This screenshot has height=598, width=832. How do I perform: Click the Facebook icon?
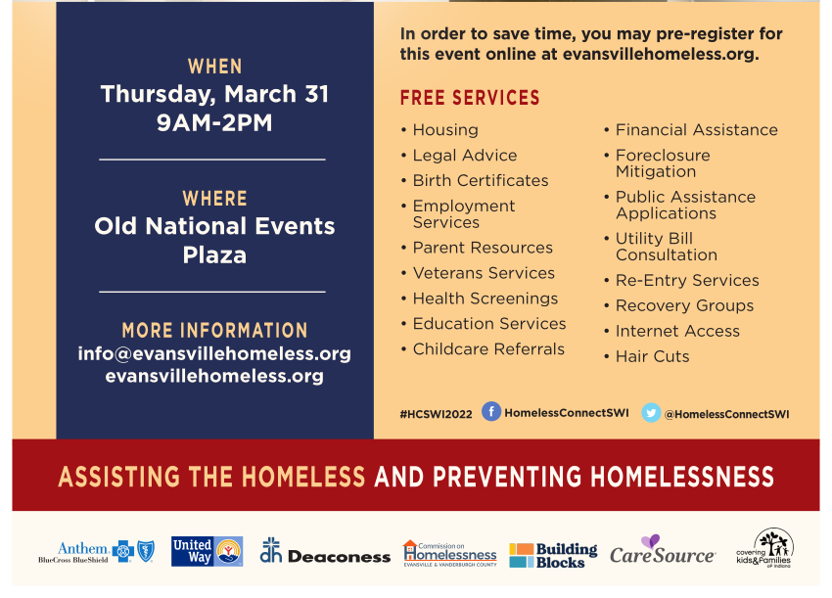[x=491, y=411]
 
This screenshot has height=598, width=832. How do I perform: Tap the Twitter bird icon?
[x=651, y=413]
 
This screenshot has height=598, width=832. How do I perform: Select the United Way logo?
[x=207, y=551]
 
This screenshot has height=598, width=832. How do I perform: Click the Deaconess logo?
[x=325, y=551]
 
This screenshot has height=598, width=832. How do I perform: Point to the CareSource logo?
[x=663, y=550]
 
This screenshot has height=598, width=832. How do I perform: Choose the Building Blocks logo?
[x=553, y=555]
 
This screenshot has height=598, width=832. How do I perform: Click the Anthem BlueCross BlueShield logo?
[x=96, y=552]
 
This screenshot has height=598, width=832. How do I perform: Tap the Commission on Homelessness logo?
[x=450, y=553]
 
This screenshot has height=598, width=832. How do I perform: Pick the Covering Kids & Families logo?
[x=764, y=548]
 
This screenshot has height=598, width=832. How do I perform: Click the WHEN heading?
[x=215, y=67]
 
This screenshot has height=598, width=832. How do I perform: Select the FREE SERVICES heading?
[x=470, y=98]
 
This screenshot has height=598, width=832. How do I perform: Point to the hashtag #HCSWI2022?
[x=436, y=414]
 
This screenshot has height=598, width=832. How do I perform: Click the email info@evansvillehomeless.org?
[x=214, y=354]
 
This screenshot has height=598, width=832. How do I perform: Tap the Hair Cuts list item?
[x=652, y=356]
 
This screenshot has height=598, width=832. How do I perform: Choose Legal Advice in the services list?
[x=465, y=155]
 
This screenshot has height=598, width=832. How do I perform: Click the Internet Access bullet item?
[x=677, y=331]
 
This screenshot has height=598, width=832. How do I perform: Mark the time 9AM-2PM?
[x=214, y=122]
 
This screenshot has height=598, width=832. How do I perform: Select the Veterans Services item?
[x=484, y=273]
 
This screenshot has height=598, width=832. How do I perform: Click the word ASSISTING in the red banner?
[x=119, y=477]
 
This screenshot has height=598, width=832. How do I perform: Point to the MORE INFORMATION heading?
[x=215, y=331]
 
